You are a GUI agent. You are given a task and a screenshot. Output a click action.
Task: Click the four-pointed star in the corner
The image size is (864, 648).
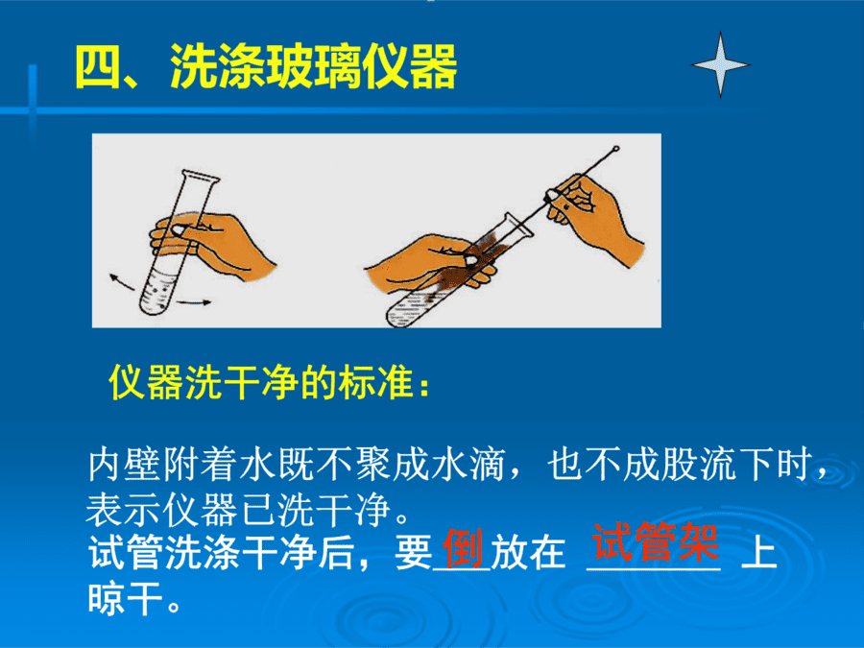tap(720, 64)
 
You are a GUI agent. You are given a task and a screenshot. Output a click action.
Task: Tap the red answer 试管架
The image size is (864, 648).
tap(655, 541)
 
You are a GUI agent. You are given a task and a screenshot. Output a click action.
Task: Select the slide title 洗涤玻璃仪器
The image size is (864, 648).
tap(313, 66)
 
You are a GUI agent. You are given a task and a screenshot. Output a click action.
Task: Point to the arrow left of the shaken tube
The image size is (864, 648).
tap(122, 281)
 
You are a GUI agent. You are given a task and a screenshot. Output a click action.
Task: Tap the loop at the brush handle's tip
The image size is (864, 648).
tap(615, 149)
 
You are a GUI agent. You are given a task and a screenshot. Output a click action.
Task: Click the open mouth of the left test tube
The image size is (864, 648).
tap(201, 176)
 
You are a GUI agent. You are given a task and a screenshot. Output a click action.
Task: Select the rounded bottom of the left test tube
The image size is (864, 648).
tap(151, 307)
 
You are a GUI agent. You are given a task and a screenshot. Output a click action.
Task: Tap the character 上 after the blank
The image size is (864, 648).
tap(758, 552)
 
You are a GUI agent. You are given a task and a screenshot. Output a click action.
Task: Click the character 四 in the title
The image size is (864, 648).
tap(98, 66)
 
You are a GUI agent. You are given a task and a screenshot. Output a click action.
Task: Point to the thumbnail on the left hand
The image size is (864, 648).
tap(179, 230)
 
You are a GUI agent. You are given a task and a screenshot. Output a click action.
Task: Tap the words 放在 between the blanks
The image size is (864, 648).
tap(528, 552)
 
